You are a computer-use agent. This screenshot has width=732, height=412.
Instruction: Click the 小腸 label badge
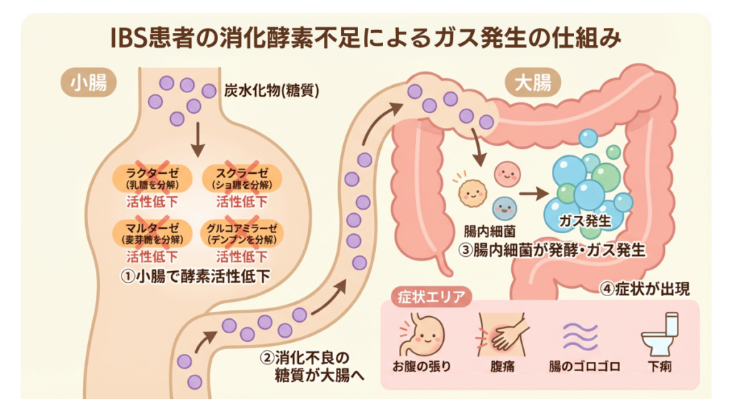89,83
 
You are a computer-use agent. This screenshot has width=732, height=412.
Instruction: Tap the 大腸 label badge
533,84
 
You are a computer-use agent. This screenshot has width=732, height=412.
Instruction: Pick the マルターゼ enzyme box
152,233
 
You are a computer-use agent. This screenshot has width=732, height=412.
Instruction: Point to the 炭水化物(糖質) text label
272,91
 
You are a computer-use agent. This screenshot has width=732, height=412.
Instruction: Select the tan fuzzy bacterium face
472,190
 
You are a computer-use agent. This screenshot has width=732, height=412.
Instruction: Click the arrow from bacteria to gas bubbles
533,192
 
